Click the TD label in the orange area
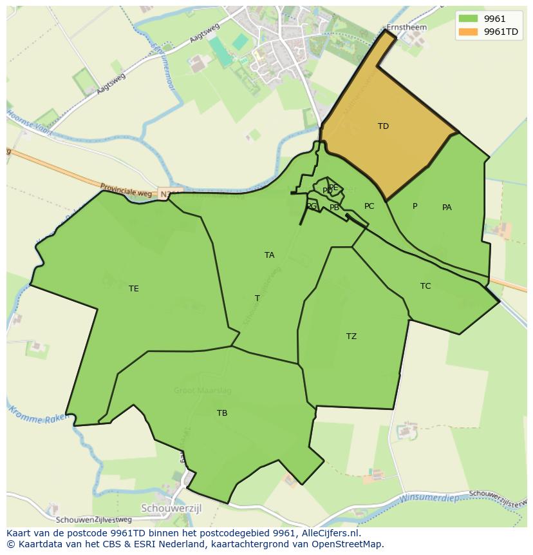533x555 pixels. tap(383, 126)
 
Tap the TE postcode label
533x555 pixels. tap(133, 289)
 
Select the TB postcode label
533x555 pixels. tap(222, 413)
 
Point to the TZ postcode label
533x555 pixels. tap(351, 336)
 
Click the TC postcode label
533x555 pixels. tap(425, 286)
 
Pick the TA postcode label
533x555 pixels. tap(269, 255)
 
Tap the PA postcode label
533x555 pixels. tap(447, 208)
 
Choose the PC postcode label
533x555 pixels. tap(369, 206)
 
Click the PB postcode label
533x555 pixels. tap(334, 208)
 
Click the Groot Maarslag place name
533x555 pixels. tap(202, 391)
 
